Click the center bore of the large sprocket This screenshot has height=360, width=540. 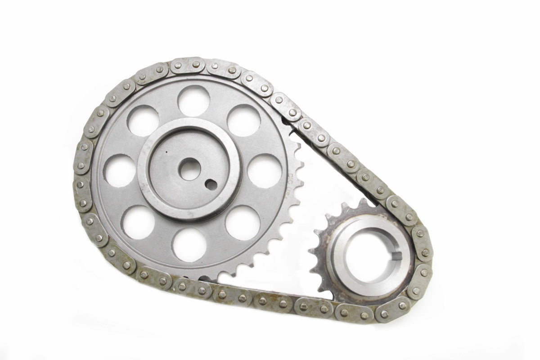tap(189, 169)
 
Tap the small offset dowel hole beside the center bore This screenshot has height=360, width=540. tap(210, 184)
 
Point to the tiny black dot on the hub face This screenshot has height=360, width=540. tap(166, 153)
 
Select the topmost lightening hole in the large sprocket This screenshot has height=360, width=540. tap(193, 100)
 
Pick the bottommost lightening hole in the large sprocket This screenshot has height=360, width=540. tap(189, 245)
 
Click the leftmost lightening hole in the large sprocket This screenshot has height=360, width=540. tap(119, 171)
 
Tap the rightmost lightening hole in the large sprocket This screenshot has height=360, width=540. tap(265, 171)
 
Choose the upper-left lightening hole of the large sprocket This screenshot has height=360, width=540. tap(143, 120)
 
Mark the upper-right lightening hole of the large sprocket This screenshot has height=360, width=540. tap(243, 120)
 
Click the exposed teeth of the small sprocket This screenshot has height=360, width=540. tap(322, 252)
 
